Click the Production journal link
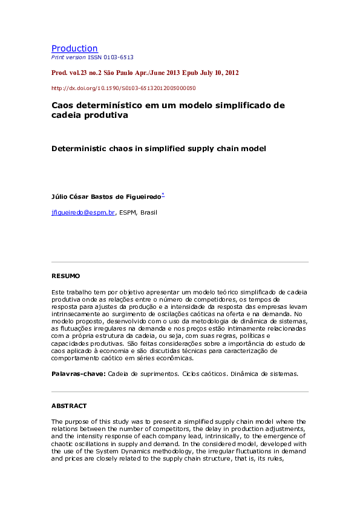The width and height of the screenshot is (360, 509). [x=74, y=48]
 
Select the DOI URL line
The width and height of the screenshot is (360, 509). [x=123, y=88]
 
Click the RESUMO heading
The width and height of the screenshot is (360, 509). [x=65, y=276]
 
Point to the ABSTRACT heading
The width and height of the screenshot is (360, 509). [x=69, y=406]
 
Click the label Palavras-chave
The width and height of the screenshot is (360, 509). [x=78, y=374]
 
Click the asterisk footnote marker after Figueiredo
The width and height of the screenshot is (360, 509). [x=163, y=195]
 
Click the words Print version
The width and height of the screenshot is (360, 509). [x=69, y=57]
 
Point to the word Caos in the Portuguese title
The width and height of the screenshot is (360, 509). [x=62, y=105]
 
